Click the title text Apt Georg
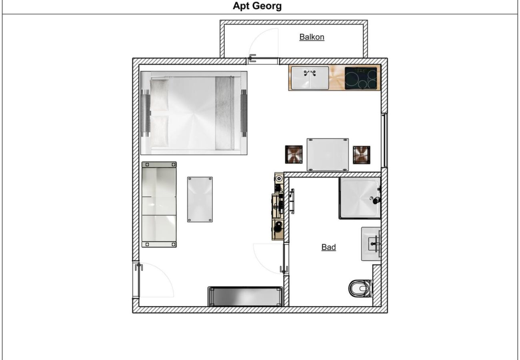point(257,6)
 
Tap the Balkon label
point(312,37)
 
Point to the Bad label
point(328,247)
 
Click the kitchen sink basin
point(310,78)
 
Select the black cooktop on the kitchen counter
point(361,78)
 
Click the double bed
point(194,113)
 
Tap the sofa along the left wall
point(159,204)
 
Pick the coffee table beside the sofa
point(200,199)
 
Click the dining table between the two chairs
point(328,154)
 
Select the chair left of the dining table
point(294,154)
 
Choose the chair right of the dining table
point(362,155)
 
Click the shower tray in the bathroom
point(360,198)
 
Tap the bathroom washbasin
point(371,244)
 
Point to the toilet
point(360,288)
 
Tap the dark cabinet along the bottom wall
point(245,297)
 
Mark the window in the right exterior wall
point(384,140)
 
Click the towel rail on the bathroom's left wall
point(292,201)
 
